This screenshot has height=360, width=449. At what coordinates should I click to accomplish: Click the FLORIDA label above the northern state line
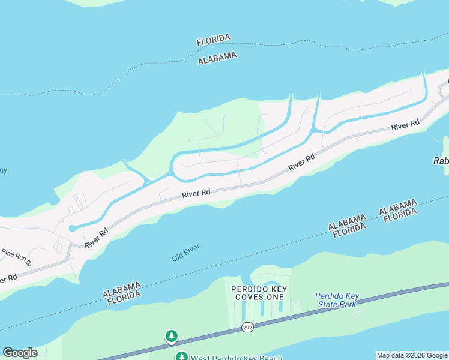(x=213, y=40)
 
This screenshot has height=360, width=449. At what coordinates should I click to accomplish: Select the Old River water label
(x=185, y=252)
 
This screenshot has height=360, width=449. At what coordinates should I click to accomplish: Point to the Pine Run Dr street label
(x=16, y=257)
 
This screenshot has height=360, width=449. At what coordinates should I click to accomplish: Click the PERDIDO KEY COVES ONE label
(x=259, y=293)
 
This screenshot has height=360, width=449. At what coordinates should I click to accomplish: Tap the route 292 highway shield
(x=247, y=327)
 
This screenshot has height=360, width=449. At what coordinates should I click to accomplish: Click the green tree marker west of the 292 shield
(x=172, y=336)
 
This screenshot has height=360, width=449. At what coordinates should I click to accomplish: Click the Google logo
(x=19, y=353)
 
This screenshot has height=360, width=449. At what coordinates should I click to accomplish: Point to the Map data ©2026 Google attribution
(x=412, y=355)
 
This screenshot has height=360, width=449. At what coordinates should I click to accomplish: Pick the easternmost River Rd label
(x=405, y=126)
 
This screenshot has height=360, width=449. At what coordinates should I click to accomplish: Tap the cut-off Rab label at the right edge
(x=441, y=161)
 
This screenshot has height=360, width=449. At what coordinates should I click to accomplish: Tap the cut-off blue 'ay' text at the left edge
(x=3, y=170)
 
